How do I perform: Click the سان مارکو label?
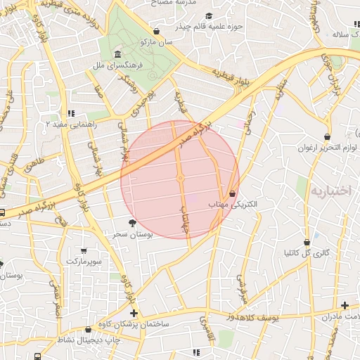[x=156, y=43]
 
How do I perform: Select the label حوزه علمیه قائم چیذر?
[x=209, y=27]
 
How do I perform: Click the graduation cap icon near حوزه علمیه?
[x=209, y=16]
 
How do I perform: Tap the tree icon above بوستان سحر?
[x=132, y=223]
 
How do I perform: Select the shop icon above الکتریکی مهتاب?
[x=233, y=193]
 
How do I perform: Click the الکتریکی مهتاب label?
[x=233, y=203]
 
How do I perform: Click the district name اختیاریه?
[x=335, y=191]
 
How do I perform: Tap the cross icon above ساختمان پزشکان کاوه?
[x=134, y=312]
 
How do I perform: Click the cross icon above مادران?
[x=345, y=305]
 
